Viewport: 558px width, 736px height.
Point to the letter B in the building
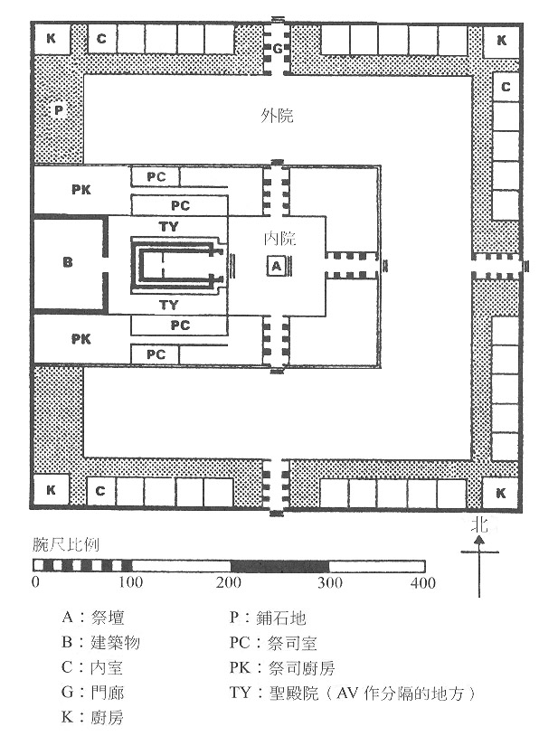68,263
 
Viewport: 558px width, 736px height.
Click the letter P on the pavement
58,109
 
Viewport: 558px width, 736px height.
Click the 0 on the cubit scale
34,583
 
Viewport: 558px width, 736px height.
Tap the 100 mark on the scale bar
132,583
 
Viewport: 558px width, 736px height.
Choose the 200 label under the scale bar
230,583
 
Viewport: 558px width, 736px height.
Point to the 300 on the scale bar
327,583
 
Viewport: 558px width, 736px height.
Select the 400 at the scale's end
423,583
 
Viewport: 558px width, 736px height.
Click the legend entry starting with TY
353,694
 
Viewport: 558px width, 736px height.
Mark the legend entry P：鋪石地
269,618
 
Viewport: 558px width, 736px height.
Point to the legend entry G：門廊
94,694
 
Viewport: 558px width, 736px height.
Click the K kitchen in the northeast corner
502,40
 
